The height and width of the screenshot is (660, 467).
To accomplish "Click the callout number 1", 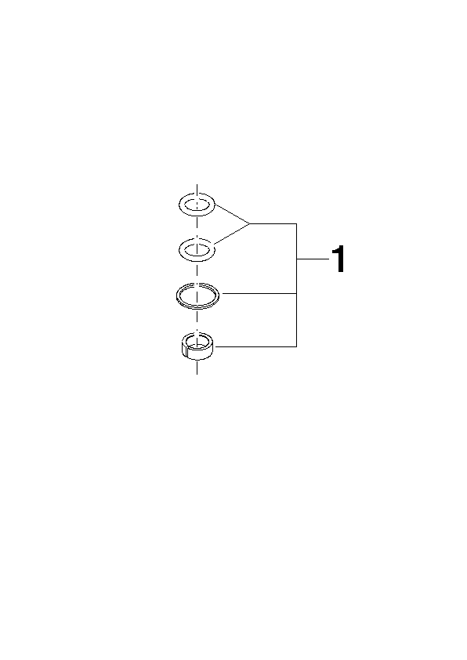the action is tap(338, 259).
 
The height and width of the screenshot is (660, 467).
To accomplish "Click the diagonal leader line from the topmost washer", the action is tap(233, 214).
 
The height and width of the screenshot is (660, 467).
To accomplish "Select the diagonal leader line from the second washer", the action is tap(232, 234).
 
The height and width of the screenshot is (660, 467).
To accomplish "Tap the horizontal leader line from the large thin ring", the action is tap(259, 293).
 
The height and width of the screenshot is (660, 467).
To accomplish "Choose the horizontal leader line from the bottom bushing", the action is tap(255, 346).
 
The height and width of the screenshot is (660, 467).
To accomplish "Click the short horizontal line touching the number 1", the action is tap(313, 259).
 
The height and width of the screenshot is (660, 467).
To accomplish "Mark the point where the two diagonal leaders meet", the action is tap(250, 223).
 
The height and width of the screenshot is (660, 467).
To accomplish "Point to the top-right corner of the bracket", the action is tap(297, 223).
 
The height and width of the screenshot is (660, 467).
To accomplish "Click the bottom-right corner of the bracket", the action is tap(297, 346).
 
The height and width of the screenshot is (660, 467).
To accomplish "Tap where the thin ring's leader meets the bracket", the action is tap(297, 293).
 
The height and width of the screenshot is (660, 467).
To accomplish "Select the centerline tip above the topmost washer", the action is tap(197, 184).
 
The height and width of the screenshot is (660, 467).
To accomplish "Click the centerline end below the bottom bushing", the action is tap(197, 374).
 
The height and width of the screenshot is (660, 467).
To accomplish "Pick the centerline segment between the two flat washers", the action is tap(197, 227).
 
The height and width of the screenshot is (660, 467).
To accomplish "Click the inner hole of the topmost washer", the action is tap(197, 205).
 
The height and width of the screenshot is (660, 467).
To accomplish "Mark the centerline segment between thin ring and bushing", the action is tap(197, 321).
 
